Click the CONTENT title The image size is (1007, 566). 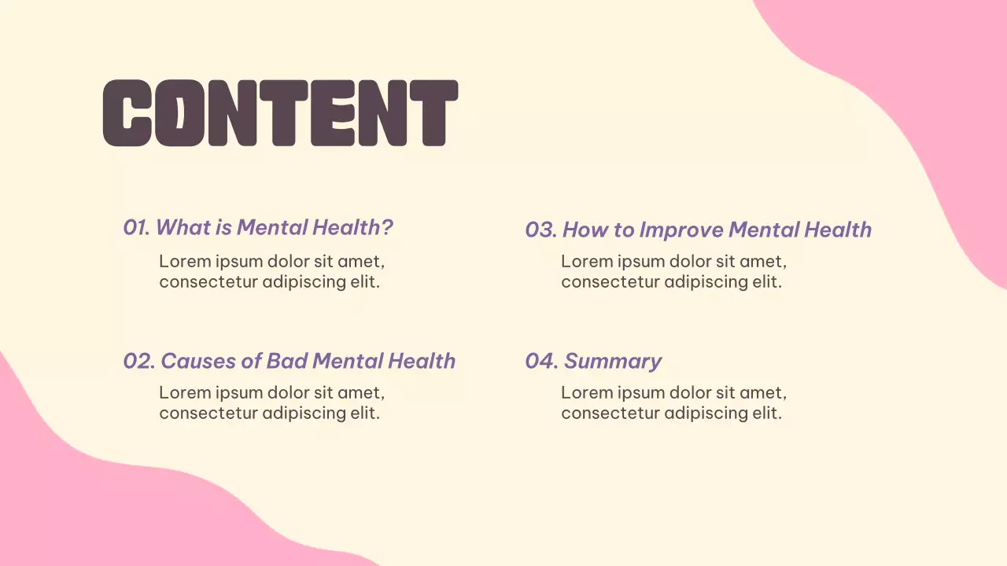pos(280,113)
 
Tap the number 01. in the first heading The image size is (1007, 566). pos(136,228)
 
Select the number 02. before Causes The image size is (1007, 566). pos(138,361)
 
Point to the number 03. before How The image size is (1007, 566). pos(540,230)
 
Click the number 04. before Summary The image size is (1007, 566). pos(541,361)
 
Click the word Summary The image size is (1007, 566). pos(613,362)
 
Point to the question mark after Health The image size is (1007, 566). pos(387,228)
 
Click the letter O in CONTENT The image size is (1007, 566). pos(179,113)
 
